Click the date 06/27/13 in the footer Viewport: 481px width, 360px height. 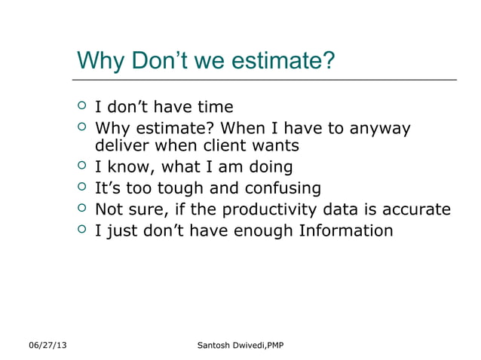coord(47,345)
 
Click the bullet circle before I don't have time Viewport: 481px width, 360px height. coord(82,106)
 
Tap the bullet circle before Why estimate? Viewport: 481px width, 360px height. coord(82,127)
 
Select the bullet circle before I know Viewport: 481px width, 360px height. coord(82,166)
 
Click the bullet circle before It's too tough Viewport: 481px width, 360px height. coord(82,187)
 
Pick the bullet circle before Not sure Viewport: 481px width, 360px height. coord(82,209)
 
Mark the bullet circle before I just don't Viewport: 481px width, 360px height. coord(82,230)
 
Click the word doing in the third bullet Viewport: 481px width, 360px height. coord(268,166)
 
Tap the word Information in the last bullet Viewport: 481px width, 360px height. coord(346,230)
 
